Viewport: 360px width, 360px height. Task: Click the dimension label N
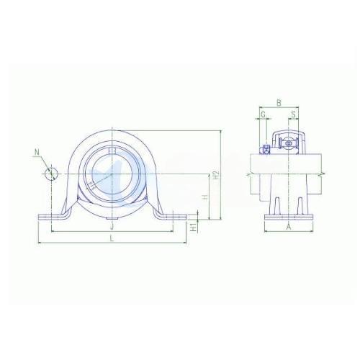pyautogui.click(x=37, y=152)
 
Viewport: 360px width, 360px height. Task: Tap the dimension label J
pyautogui.click(x=112, y=226)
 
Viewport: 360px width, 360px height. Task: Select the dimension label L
pyautogui.click(x=112, y=238)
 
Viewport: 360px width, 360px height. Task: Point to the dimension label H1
pyautogui.click(x=194, y=228)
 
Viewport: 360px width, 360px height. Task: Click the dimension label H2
pyautogui.click(x=216, y=175)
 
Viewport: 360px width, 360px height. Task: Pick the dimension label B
pyautogui.click(x=279, y=103)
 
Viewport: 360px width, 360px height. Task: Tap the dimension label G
pyautogui.click(x=263, y=114)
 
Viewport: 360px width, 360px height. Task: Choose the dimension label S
pyautogui.click(x=294, y=114)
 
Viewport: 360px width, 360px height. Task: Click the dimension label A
pyautogui.click(x=289, y=226)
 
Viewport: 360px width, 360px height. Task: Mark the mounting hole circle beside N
pyautogui.click(x=51, y=174)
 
